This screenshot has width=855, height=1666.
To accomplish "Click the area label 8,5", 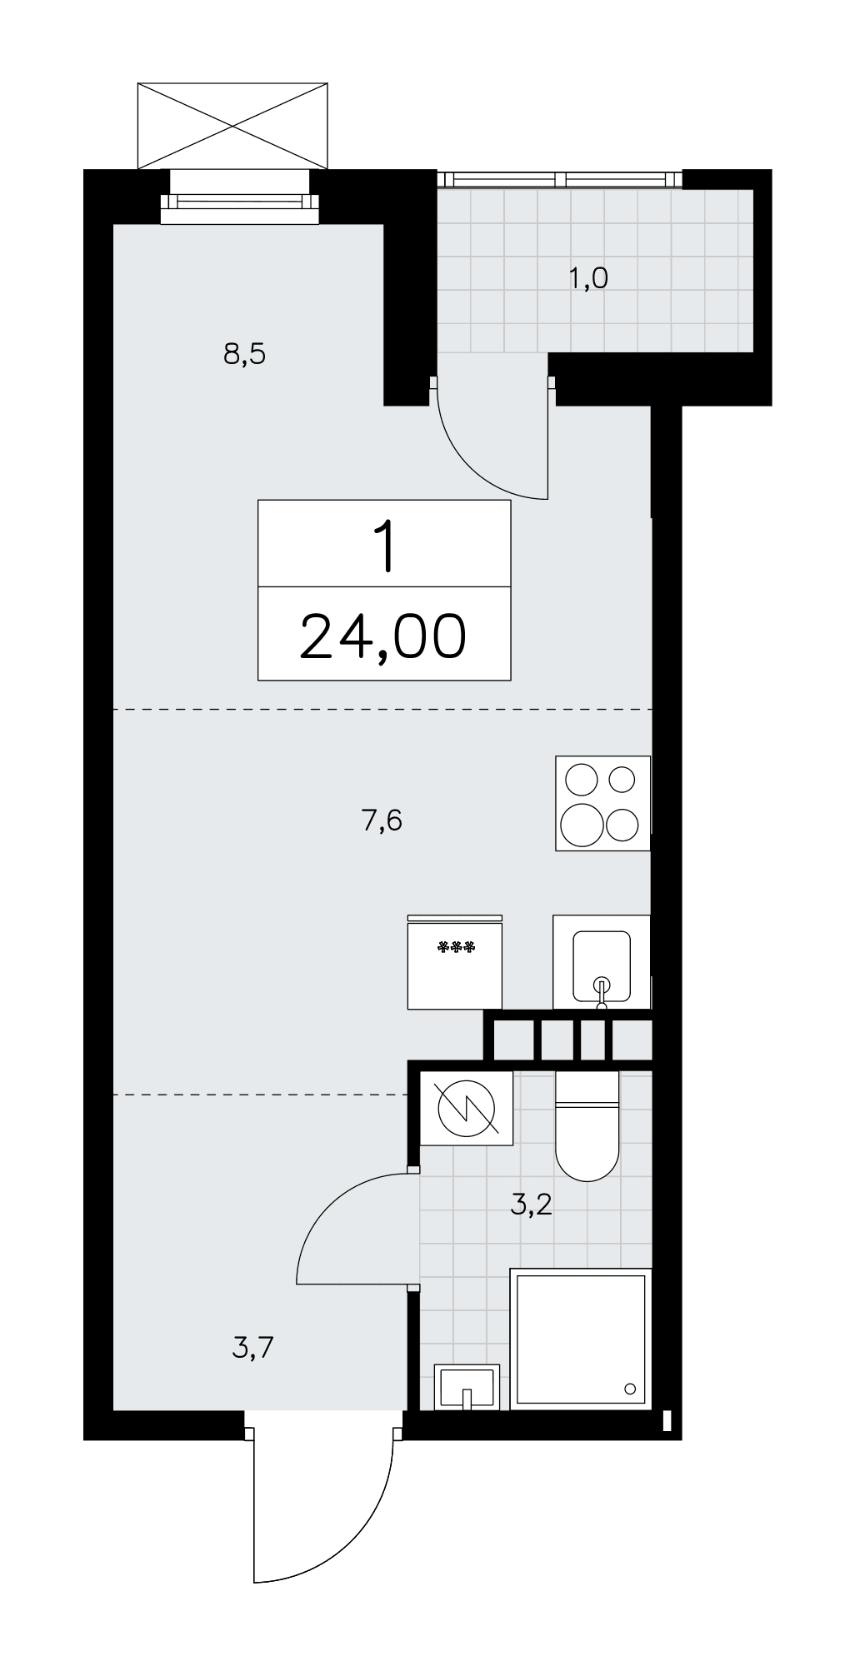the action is click(244, 356).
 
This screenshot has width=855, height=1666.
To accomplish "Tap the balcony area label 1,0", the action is click(588, 278).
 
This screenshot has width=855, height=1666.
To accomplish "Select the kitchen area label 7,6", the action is click(382, 821).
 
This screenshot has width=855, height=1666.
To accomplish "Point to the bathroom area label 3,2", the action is click(532, 1204).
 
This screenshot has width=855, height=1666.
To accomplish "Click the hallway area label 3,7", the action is click(253, 1346).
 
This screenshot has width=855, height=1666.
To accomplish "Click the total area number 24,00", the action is click(383, 636).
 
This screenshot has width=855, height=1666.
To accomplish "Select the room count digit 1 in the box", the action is click(384, 546).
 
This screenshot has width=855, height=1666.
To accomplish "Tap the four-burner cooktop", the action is click(602, 803).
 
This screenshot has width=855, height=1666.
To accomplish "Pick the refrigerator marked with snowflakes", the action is click(455, 961).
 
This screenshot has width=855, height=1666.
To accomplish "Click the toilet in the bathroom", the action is click(587, 1125).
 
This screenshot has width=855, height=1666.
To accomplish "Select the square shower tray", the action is click(580, 1339).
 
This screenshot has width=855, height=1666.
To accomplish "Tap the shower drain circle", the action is click(630, 1389).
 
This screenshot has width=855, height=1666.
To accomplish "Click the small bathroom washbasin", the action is click(467, 1387).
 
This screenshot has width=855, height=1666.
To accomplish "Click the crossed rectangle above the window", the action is click(232, 126).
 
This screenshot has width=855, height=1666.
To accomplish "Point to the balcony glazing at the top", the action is click(560, 179).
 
